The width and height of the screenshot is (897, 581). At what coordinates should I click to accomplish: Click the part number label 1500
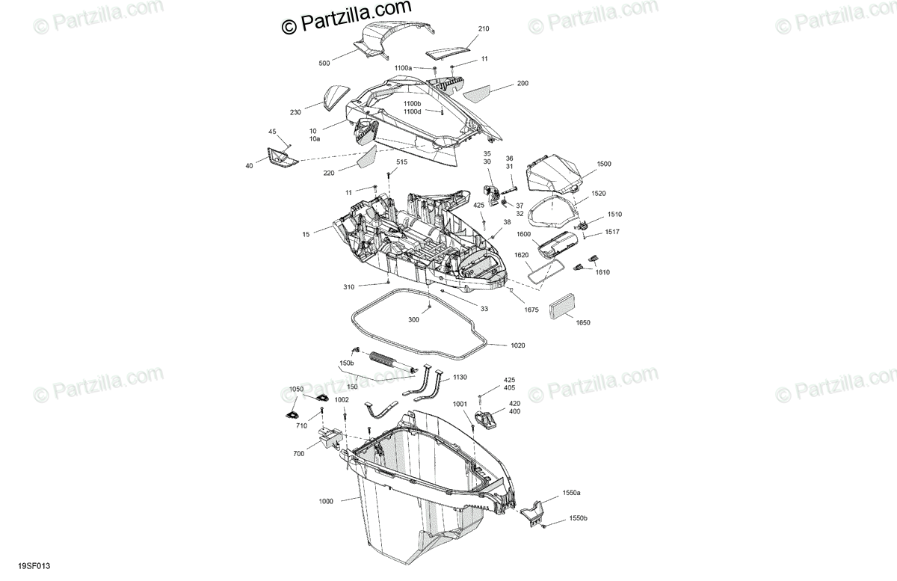pos(603,163)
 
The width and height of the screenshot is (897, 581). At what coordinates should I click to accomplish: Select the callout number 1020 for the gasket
pos(517,345)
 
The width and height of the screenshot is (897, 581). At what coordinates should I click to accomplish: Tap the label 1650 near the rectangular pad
pos(582,322)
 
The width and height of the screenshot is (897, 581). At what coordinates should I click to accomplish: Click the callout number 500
pos(324,64)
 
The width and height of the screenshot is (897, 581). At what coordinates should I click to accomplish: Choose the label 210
pos(483,29)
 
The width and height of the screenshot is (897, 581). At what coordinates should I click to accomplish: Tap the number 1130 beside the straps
pos(460,378)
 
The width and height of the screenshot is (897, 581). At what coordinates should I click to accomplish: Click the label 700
pos(300,453)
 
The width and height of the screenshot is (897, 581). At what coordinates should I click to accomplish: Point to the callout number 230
pos(295,113)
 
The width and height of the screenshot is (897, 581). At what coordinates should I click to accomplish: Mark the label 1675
pos(531,309)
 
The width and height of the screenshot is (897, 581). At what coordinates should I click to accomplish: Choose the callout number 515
pos(402,162)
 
